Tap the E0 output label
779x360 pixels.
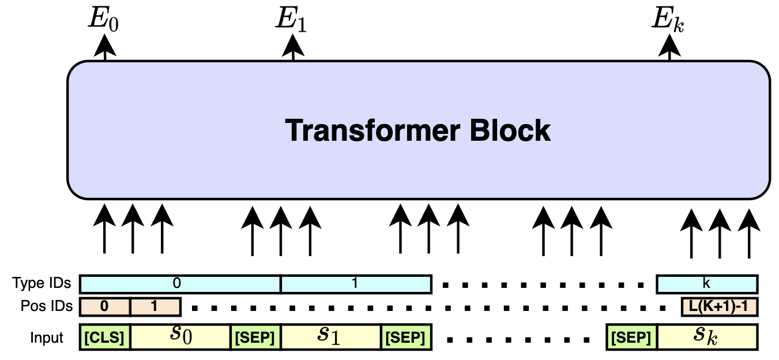pyautogui.click(x=104, y=18)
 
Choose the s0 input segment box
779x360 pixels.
pyautogui.click(x=180, y=337)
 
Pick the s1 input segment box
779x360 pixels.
pyautogui.click(x=330, y=337)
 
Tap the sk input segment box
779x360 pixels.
pyautogui.click(x=707, y=337)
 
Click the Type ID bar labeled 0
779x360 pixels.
pyautogui.click(x=179, y=284)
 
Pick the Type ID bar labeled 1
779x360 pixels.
pyautogui.click(x=356, y=284)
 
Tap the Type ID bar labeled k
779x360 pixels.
pyautogui.click(x=707, y=284)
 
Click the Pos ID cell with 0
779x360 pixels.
pyautogui.click(x=104, y=307)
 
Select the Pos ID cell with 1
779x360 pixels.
pyautogui.click(x=155, y=307)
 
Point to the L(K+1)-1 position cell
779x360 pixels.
pyautogui.click(x=719, y=307)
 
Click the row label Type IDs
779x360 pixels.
pyautogui.click(x=42, y=283)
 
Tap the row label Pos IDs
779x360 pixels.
pyautogui.click(x=46, y=306)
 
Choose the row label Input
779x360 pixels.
pyautogui.click(x=47, y=337)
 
